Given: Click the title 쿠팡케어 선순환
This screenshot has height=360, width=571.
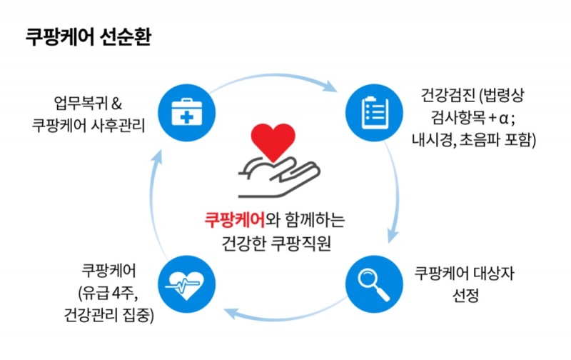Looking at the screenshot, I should tap(89, 37).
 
